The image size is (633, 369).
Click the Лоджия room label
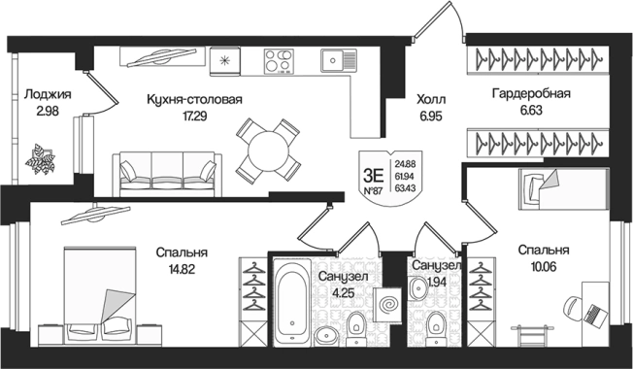[48, 94]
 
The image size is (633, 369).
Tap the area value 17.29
[194, 117]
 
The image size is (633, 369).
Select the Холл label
[431, 99]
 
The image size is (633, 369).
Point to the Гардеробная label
[531, 93]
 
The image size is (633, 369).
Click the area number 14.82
[182, 269]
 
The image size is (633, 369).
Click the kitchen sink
[339, 60]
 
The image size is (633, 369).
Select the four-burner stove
[279, 61]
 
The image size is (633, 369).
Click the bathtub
[292, 303]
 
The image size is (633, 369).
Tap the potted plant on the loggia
[40, 159]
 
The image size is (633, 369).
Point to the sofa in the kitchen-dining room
[167, 175]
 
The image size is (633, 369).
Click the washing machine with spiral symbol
[387, 304]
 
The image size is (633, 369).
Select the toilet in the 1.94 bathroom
[436, 328]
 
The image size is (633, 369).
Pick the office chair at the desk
[574, 309]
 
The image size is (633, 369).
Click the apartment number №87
[373, 191]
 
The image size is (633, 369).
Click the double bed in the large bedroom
[100, 295]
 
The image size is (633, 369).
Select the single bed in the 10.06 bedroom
[563, 189]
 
